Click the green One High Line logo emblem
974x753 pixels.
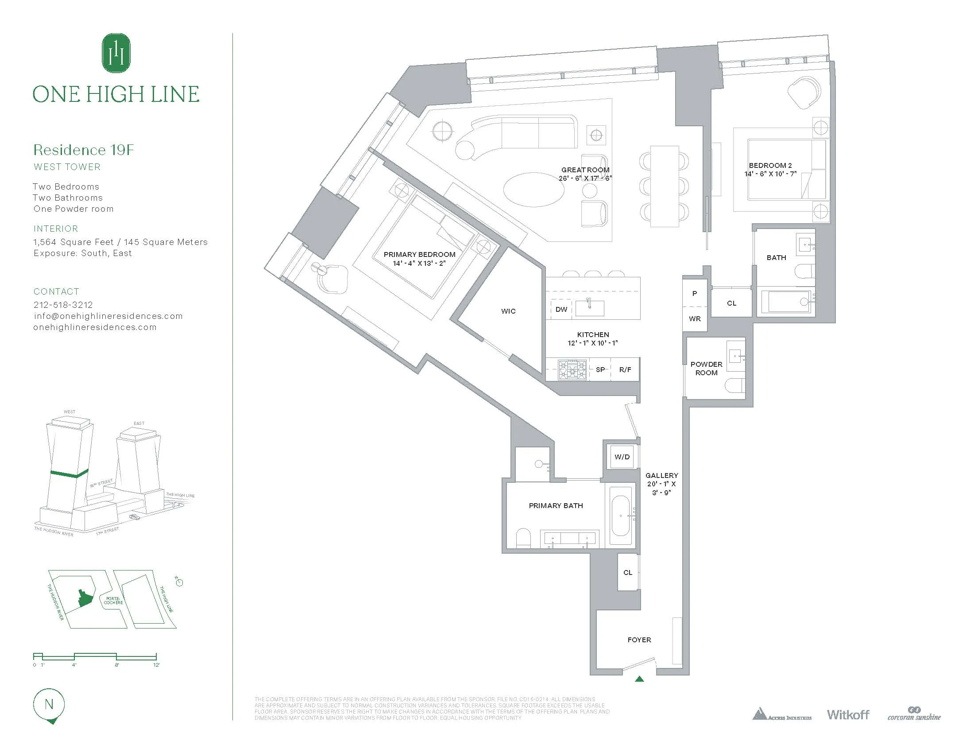116,53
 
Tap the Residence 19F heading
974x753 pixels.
84,150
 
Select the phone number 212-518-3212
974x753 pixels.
63,305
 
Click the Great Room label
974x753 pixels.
585,170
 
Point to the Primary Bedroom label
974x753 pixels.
419,255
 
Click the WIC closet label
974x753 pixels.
508,311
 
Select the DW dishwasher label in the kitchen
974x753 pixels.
561,309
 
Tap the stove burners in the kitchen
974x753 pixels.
572,369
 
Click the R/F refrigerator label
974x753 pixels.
625,369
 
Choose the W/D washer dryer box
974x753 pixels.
622,457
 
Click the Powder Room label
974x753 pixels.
706,369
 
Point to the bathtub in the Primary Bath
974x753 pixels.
621,516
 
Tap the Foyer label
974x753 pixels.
639,640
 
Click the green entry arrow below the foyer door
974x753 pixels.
640,679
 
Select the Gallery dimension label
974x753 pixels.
661,484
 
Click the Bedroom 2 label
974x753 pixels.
770,166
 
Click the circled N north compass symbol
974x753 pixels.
49,705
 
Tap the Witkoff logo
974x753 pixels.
848,714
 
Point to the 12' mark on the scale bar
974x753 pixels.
157,664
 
